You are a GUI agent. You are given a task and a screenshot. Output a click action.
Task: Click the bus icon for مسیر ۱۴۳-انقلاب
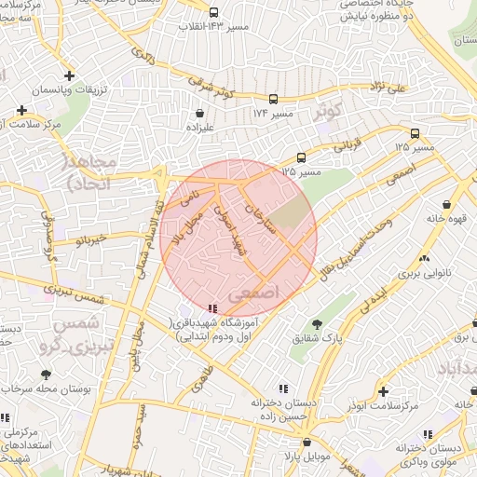(x=214, y=13)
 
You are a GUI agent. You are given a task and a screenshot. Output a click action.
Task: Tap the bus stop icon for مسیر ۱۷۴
(x=273, y=99)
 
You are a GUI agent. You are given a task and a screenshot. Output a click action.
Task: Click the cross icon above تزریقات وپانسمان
(x=69, y=75)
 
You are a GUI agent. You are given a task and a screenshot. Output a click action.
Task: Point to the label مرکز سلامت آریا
(x=37, y=124)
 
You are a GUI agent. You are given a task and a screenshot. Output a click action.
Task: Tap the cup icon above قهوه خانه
(x=449, y=204)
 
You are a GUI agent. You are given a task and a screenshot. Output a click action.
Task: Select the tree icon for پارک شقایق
(x=318, y=324)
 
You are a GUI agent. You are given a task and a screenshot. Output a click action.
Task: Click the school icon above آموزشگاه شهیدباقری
(x=213, y=308)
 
